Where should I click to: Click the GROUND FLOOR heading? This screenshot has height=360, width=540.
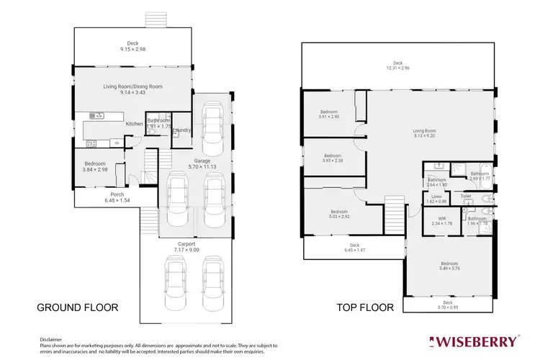pos(77,307)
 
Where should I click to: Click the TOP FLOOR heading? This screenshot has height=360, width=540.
pos(366,307)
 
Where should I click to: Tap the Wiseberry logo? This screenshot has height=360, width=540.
pos(473,340)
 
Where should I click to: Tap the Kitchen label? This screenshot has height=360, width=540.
pos(135,124)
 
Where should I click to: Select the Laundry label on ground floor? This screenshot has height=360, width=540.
pos(181,130)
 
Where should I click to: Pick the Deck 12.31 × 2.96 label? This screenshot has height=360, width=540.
pos(397,66)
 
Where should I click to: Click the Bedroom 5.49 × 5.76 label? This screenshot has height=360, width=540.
pos(449,266)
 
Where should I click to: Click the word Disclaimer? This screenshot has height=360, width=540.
pos(50,338)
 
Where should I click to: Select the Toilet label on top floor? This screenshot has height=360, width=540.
pos(465,196)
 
